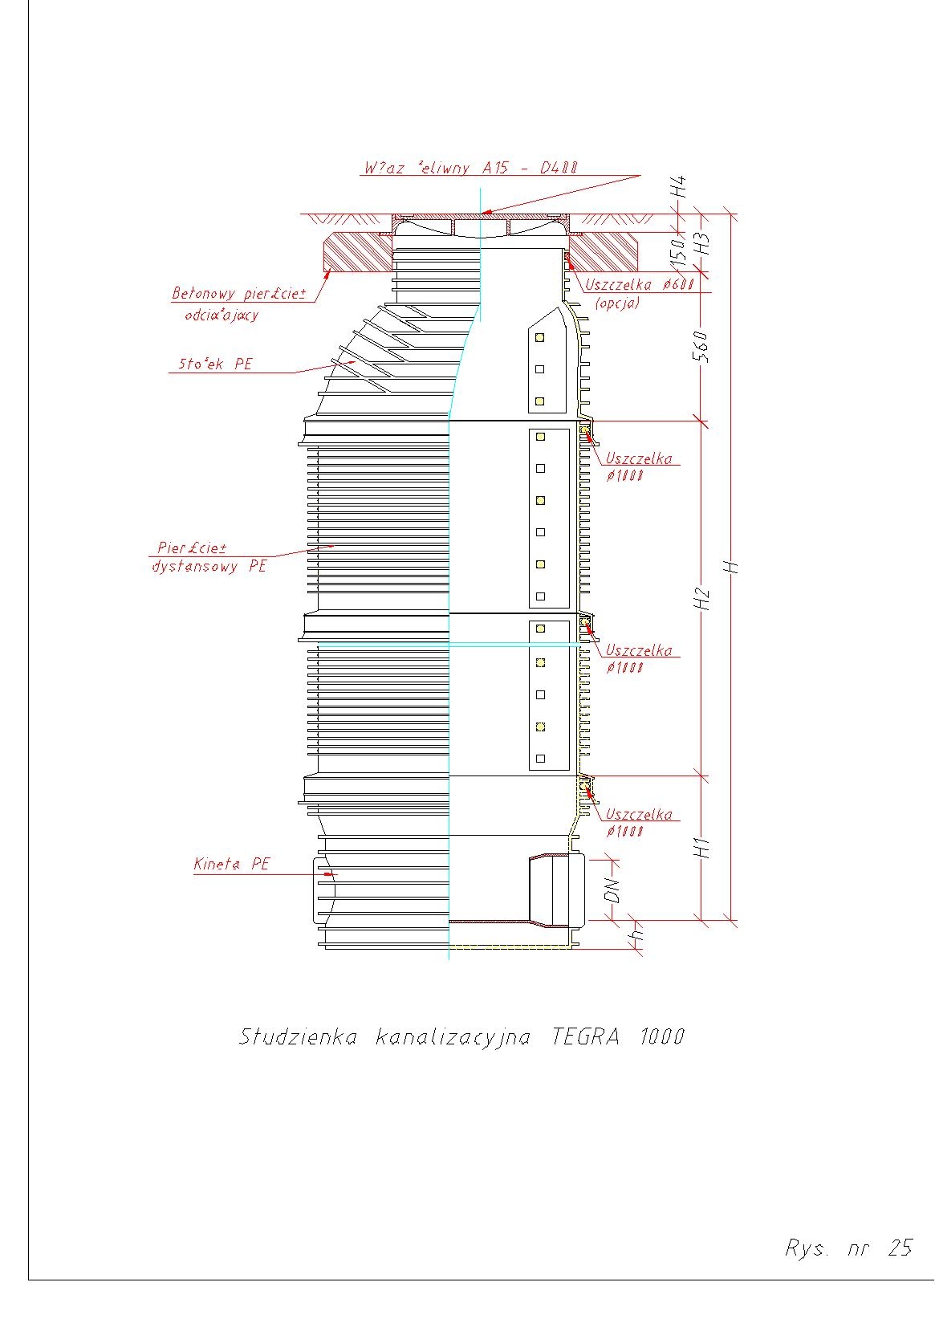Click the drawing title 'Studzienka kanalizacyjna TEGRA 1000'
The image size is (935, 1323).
(x=461, y=1036)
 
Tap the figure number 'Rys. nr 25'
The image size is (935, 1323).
(x=848, y=1248)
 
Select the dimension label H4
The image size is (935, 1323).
(x=680, y=188)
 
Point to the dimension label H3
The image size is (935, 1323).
(x=703, y=243)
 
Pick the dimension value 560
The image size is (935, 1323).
(x=701, y=346)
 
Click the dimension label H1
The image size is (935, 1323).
(x=703, y=847)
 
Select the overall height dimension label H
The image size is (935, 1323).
(x=730, y=567)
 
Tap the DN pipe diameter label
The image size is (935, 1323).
(x=612, y=890)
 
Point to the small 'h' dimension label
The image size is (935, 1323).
(x=637, y=935)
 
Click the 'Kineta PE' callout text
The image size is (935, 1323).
(x=232, y=865)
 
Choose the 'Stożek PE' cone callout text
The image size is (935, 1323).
(x=214, y=364)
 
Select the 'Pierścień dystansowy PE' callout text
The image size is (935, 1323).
(x=209, y=557)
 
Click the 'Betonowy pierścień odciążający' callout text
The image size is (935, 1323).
(x=238, y=303)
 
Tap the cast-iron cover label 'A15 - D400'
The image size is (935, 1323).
(x=470, y=169)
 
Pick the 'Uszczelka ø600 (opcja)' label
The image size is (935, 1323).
(x=639, y=293)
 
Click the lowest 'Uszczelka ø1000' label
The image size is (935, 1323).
(x=638, y=822)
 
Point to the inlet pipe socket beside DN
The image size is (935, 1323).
(x=556, y=890)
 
